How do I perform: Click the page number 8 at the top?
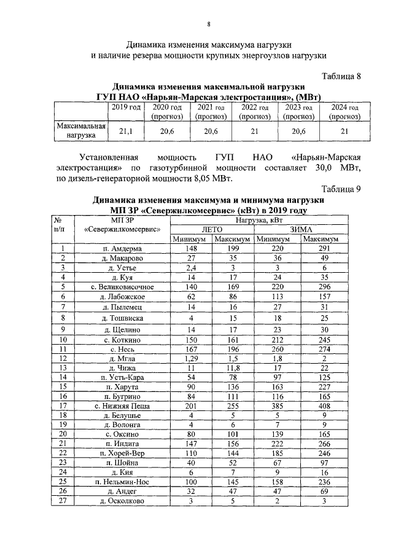[208, 24]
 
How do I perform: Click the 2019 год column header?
[125, 107]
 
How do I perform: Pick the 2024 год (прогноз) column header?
[344, 111]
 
